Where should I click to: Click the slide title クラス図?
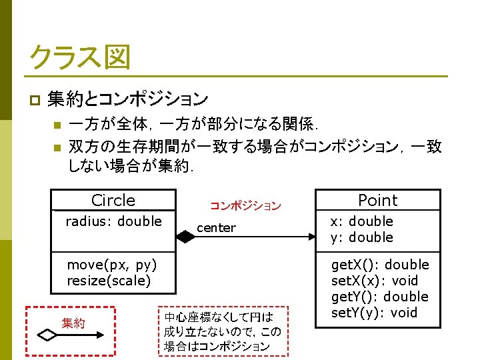79,58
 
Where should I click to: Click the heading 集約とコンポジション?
127,100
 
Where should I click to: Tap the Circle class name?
113,200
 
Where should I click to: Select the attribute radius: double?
113,221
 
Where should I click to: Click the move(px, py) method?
112,265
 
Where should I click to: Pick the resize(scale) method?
109,281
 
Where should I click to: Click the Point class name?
377,200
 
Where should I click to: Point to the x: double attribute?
362,221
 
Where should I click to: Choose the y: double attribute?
362,237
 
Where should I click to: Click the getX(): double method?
380,265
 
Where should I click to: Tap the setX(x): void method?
374,281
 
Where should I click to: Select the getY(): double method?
380,297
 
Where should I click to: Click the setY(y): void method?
374,313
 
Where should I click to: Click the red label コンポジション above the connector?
245,207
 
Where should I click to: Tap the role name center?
216,228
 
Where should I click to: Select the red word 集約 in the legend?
73,323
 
